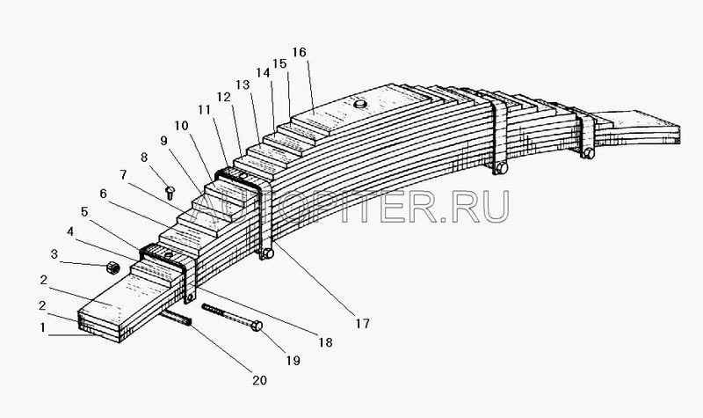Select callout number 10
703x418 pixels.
tap(180, 127)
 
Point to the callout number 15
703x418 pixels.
tap(279, 63)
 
